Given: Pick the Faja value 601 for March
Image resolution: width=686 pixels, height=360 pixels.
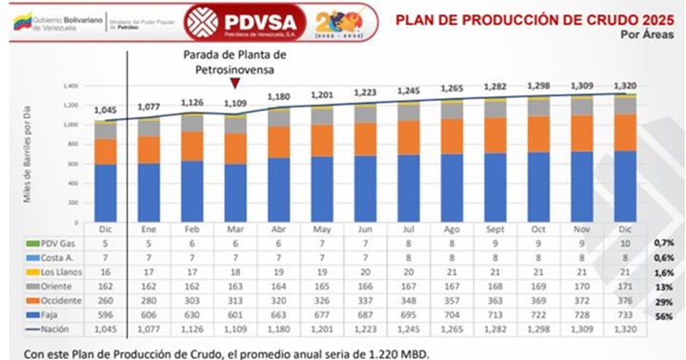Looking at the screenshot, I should [235, 312].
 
